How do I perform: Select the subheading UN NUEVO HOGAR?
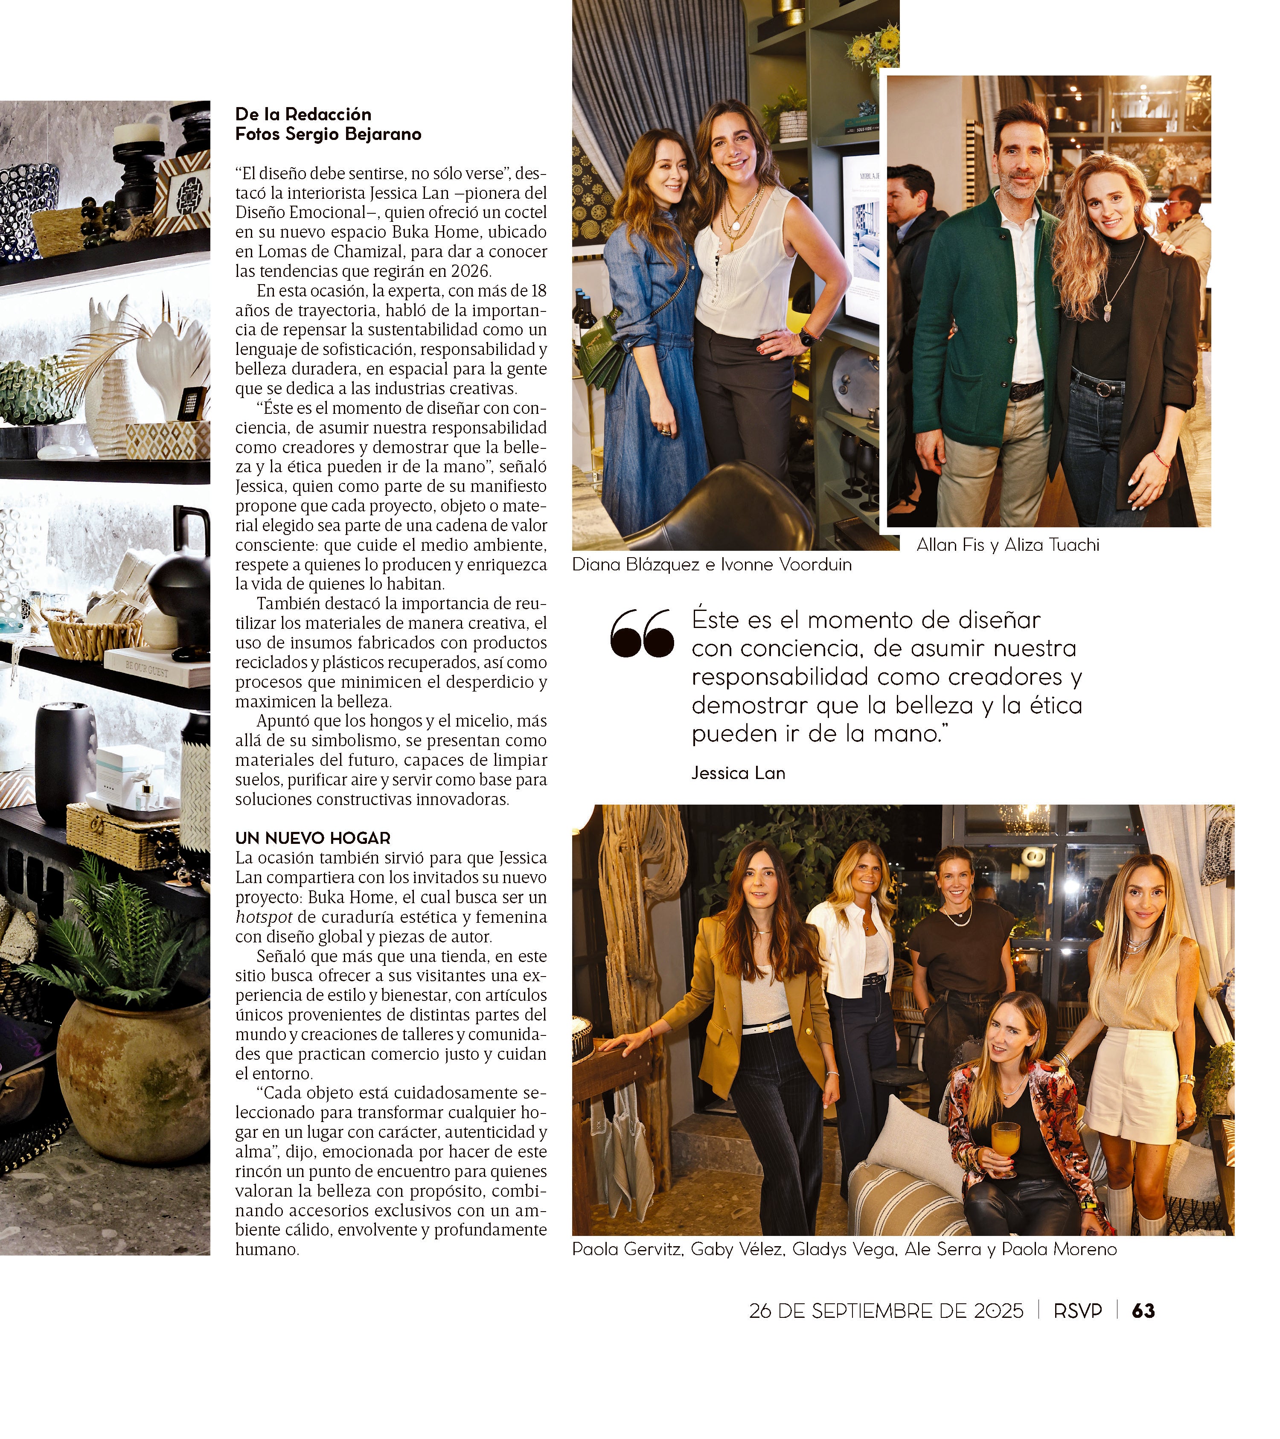pos(313,838)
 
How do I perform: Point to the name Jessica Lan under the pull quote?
pos(738,773)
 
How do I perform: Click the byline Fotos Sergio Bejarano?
pos(328,134)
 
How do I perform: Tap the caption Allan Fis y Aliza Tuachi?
pos(1007,545)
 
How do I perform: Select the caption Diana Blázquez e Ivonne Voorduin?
pos(712,564)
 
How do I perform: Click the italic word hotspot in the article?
pos(264,917)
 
